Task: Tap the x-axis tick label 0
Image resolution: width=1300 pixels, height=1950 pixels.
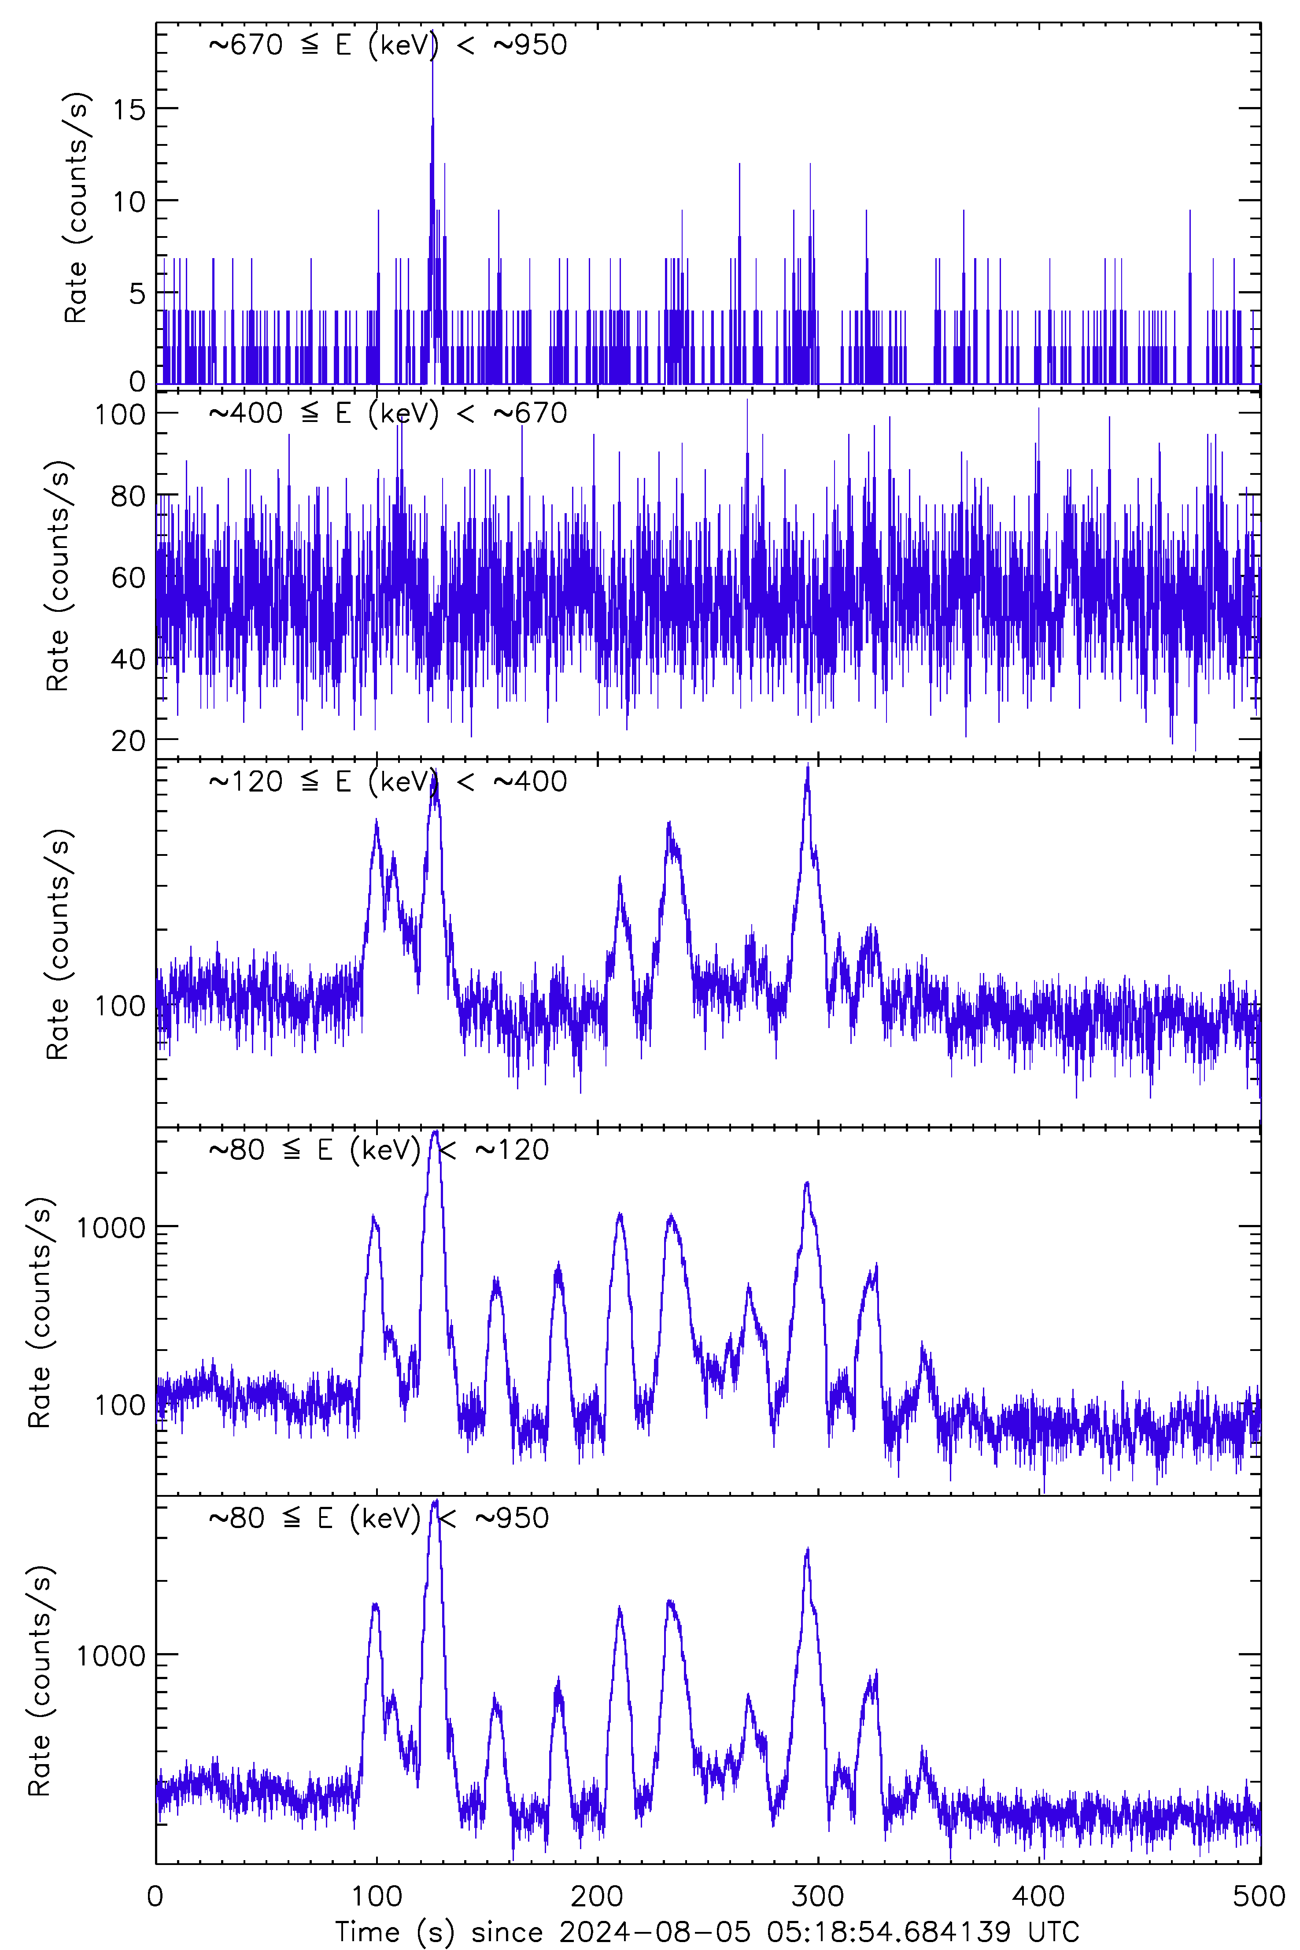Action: click(156, 1896)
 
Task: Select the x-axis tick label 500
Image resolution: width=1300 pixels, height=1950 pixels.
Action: click(1259, 1896)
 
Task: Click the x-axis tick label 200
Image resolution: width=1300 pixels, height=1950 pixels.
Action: click(597, 1896)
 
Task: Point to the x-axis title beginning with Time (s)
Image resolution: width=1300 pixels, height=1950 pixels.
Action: click(706, 1932)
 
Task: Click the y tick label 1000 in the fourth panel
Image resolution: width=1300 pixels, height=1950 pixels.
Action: click(110, 1227)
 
